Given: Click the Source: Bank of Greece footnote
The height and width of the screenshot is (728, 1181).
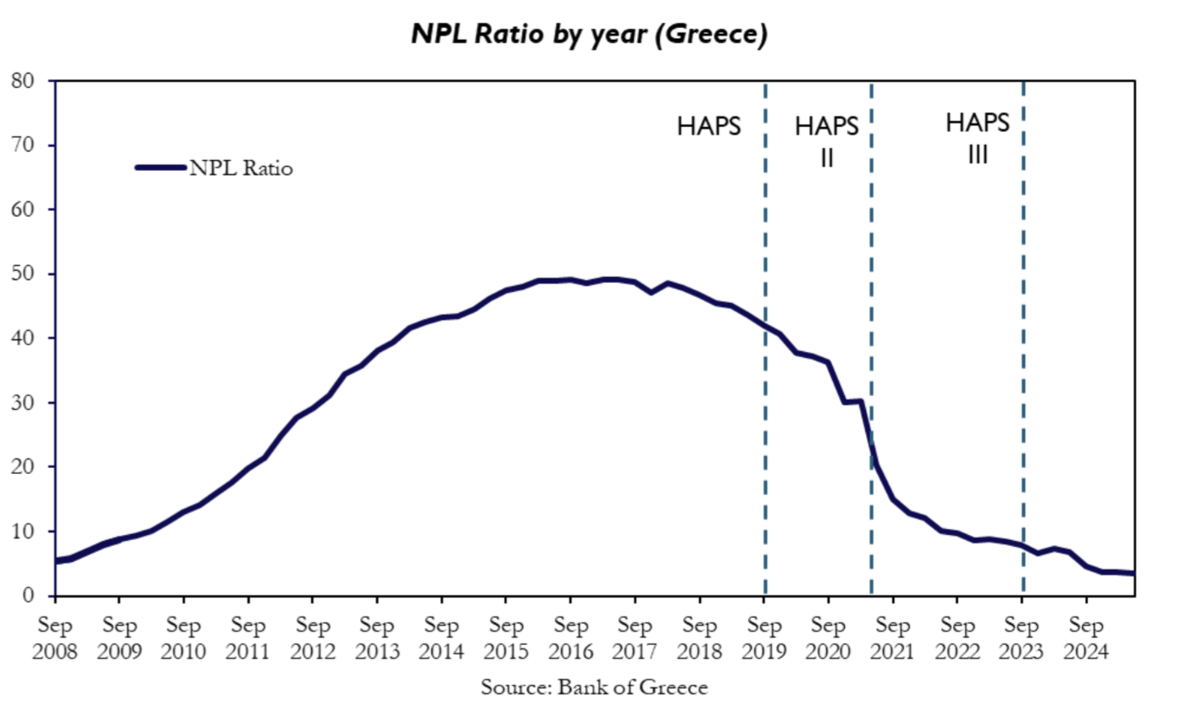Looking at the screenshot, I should tap(593, 687).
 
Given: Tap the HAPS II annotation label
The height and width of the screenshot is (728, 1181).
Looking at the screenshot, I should tap(827, 141).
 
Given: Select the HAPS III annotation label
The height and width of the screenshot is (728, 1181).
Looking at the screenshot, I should tap(978, 138).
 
